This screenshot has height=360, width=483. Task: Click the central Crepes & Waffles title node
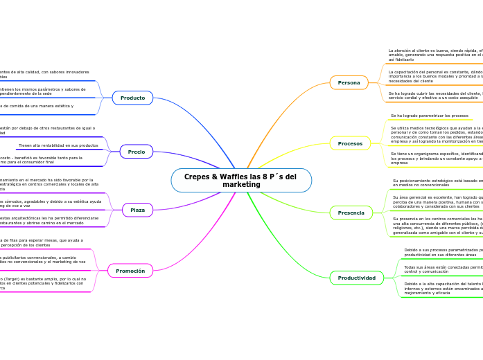click(x=241, y=180)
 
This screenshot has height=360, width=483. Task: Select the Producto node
click(x=132, y=98)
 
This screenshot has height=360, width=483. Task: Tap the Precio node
click(x=137, y=152)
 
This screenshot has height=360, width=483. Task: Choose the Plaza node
click(x=137, y=210)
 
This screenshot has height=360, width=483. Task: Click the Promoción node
click(x=130, y=271)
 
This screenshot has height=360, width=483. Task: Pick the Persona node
click(x=349, y=83)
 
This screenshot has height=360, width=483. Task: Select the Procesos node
click(x=350, y=143)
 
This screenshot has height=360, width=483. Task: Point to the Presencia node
click(x=351, y=213)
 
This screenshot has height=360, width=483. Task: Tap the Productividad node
click(x=356, y=278)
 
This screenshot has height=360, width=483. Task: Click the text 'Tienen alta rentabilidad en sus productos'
click(x=58, y=145)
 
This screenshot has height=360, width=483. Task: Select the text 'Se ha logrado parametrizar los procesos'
click(x=430, y=116)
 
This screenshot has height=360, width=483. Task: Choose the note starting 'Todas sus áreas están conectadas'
click(x=444, y=269)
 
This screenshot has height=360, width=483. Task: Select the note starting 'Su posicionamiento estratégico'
click(x=437, y=183)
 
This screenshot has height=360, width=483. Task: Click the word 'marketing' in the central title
click(x=241, y=185)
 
